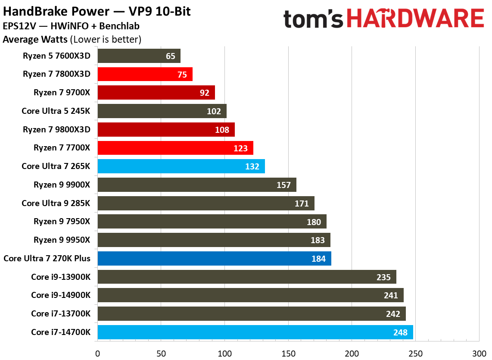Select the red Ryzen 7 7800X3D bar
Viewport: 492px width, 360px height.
[145, 74]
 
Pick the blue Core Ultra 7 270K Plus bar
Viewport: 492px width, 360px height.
[214, 259]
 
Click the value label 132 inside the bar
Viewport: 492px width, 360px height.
[252, 166]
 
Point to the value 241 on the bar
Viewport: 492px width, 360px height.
[391, 295]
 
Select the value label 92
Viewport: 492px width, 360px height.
[204, 93]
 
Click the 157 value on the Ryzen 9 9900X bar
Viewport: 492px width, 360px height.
[283, 185]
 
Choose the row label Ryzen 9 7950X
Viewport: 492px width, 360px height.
[62, 222]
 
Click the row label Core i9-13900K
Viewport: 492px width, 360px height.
[61, 277]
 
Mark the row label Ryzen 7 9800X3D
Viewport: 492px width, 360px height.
[62, 129]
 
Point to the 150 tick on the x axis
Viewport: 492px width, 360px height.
[288, 353]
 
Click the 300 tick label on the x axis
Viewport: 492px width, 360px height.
[479, 353]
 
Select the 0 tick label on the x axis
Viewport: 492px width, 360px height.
[98, 353]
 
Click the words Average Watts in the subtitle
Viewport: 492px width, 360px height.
[35, 40]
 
